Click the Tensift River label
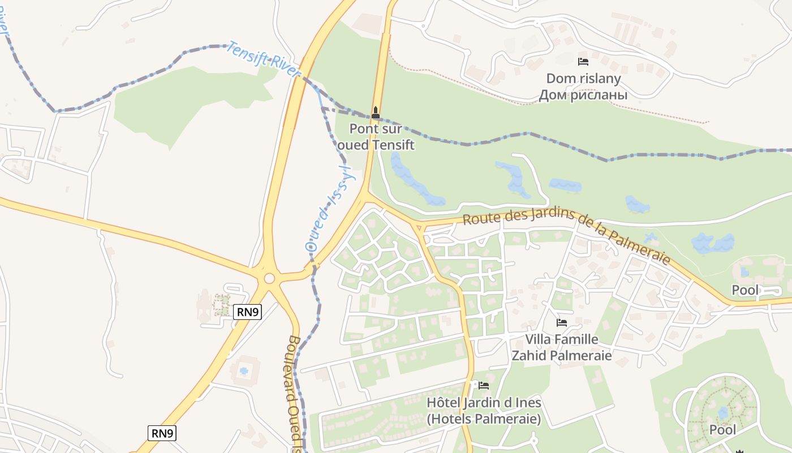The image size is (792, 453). click(262, 59)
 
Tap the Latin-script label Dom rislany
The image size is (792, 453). click(583, 79)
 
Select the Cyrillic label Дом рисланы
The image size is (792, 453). click(583, 95)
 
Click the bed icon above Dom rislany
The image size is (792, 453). click(583, 62)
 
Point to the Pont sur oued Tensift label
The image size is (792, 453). click(376, 136)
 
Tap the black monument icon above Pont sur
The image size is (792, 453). click(376, 113)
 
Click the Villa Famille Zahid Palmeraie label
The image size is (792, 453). click(562, 347)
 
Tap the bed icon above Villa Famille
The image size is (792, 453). click(562, 323)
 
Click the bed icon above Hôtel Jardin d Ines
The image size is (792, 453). click(484, 386)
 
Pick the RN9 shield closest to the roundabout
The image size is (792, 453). click(248, 311)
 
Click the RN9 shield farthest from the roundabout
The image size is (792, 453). click(162, 433)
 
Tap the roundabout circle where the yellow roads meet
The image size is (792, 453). click(269, 278)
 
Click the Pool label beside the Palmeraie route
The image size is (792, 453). click(745, 290)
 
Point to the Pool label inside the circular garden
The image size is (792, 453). click(723, 430)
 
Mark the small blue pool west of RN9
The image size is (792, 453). click(244, 371)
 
